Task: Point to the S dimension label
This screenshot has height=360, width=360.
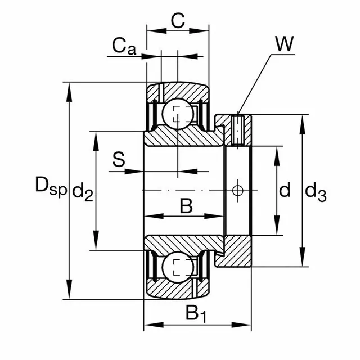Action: [x=119, y=159]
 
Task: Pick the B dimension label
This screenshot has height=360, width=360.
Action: [x=186, y=206]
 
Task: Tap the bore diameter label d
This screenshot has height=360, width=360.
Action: [x=285, y=191]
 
